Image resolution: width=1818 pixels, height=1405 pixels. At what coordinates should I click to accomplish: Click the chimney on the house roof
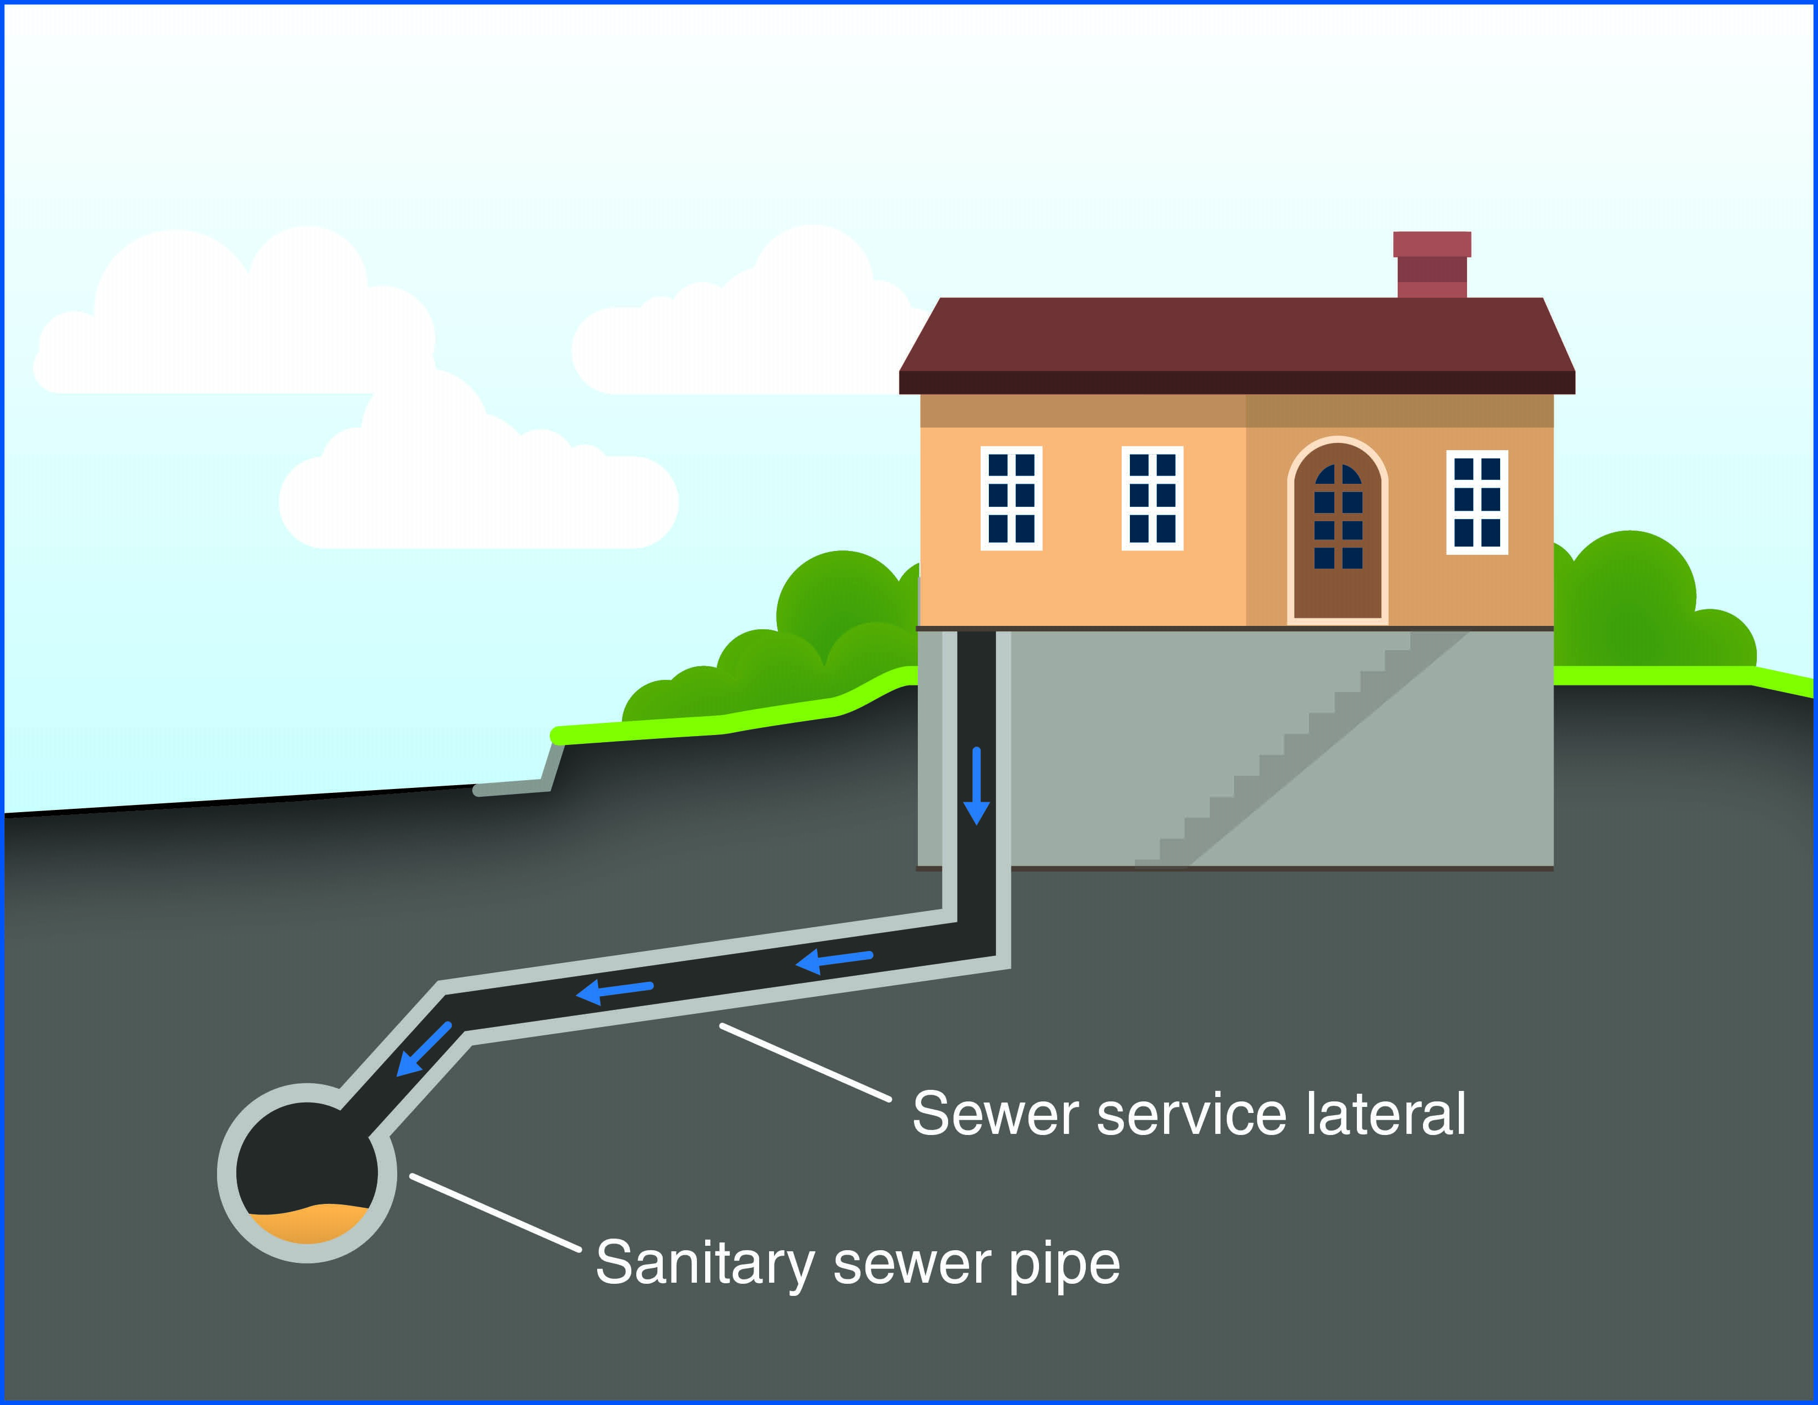coord(1432,264)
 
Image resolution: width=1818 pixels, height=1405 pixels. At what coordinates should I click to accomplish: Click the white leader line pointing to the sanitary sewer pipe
coord(495,1212)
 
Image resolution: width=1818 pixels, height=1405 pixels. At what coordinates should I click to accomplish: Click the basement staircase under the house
coord(1298,749)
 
